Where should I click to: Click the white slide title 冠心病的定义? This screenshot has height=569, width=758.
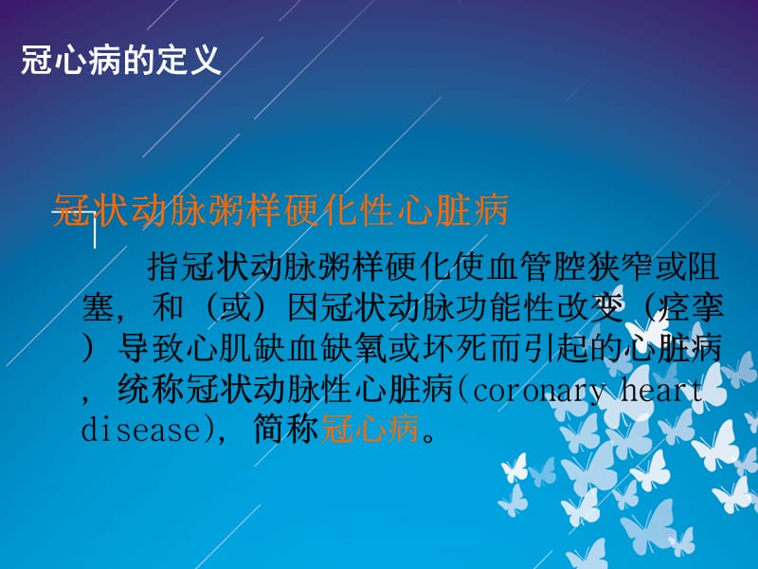pyautogui.click(x=120, y=61)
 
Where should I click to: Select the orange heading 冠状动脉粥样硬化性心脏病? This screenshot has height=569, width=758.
pyautogui.click(x=281, y=211)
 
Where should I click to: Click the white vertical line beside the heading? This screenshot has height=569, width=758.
pyautogui.click(x=95, y=232)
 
